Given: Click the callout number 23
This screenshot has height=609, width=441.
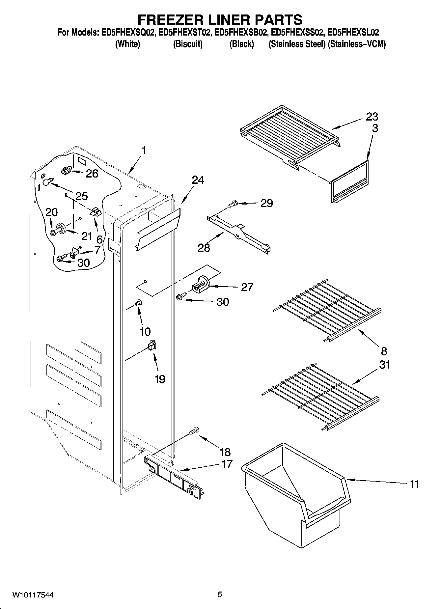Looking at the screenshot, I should pyautogui.click(x=372, y=117).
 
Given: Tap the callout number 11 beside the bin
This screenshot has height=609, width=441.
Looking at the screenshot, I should pyautogui.click(x=414, y=484).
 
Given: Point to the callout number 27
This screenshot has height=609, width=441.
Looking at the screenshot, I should pyautogui.click(x=247, y=287).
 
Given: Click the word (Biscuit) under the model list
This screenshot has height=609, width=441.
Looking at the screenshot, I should pyautogui.click(x=188, y=44).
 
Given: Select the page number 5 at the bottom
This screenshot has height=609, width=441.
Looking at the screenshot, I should pyautogui.click(x=220, y=594).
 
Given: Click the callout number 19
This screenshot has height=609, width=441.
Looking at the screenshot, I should pyautogui.click(x=159, y=379).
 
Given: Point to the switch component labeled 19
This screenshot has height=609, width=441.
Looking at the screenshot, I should pyautogui.click(x=152, y=345).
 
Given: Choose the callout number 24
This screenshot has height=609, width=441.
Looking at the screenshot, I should pyautogui.click(x=198, y=180).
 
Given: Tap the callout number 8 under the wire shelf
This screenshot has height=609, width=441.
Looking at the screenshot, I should pyautogui.click(x=384, y=351).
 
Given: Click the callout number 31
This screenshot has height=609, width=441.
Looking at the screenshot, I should pyautogui.click(x=384, y=365).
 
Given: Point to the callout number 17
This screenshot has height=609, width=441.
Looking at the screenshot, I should pyautogui.click(x=226, y=464).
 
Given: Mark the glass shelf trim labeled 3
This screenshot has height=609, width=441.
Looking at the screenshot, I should pyautogui.click(x=349, y=183).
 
